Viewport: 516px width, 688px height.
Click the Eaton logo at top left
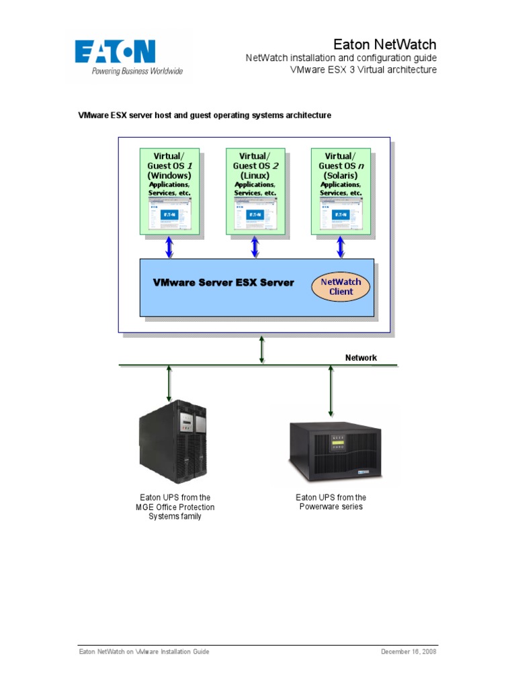pyautogui.click(x=128, y=56)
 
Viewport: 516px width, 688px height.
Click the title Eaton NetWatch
pyautogui.click(x=385, y=44)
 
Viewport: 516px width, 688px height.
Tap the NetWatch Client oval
pyautogui.click(x=341, y=287)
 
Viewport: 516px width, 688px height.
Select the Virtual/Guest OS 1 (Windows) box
pyautogui.click(x=169, y=191)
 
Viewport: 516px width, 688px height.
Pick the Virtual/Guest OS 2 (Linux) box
pyautogui.click(x=255, y=191)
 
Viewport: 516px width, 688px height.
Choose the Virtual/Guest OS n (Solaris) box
pyautogui.click(x=341, y=191)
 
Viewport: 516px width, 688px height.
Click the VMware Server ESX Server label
pyautogui.click(x=224, y=282)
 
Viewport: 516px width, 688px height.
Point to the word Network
pyautogui.click(x=361, y=357)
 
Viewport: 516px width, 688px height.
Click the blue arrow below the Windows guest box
pyautogui.click(x=169, y=247)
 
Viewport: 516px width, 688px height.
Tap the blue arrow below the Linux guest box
pyautogui.click(x=255, y=247)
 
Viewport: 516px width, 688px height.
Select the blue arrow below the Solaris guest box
pyautogui.click(x=341, y=247)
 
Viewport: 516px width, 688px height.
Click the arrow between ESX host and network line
pyautogui.click(x=262, y=349)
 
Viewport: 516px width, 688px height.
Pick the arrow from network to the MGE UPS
pyautogui.click(x=169, y=384)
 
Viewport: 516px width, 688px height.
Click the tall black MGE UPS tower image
pyautogui.click(x=173, y=443)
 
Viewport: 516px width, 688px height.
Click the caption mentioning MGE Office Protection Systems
pyautogui.click(x=175, y=507)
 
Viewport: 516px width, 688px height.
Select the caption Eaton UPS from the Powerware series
pyautogui.click(x=331, y=502)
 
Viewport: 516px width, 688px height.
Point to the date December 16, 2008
pyautogui.click(x=408, y=652)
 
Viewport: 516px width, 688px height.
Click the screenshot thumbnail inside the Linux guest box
pyautogui.click(x=255, y=214)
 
